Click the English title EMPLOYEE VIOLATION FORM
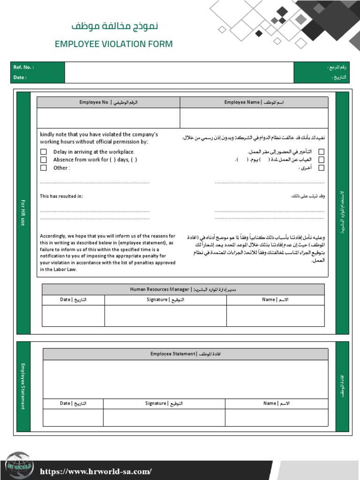(x=113, y=44)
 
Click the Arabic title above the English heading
(x=114, y=26)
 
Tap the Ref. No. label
(x=23, y=67)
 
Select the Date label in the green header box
(x=20, y=78)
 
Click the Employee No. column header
(x=108, y=102)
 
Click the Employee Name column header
(x=254, y=102)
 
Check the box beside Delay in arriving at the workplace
(x=44, y=152)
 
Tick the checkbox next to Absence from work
(x=44, y=160)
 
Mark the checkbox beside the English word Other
(x=44, y=168)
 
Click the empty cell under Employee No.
(x=108, y=118)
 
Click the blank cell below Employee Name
(x=254, y=118)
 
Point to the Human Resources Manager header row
(x=183, y=290)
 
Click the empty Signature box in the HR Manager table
(x=165, y=315)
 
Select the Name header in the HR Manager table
(x=275, y=300)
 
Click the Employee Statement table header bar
(x=185, y=354)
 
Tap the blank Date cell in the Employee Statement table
(x=73, y=417)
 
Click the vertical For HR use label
(x=22, y=212)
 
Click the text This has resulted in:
(x=61, y=196)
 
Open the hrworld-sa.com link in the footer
(x=96, y=472)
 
